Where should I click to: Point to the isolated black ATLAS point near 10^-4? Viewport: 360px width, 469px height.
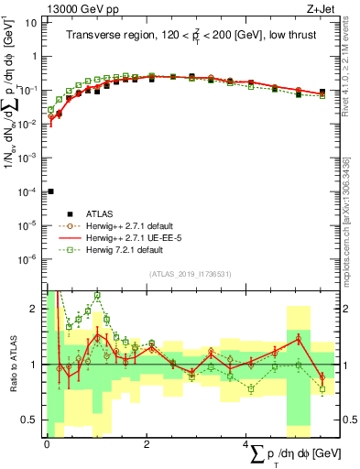[50, 191]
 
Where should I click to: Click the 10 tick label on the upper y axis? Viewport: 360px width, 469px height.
[32, 21]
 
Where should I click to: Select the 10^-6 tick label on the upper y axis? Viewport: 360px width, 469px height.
[28, 258]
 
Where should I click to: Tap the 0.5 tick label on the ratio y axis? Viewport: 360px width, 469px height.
[30, 420]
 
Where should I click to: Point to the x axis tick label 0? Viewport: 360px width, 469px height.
[47, 444]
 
